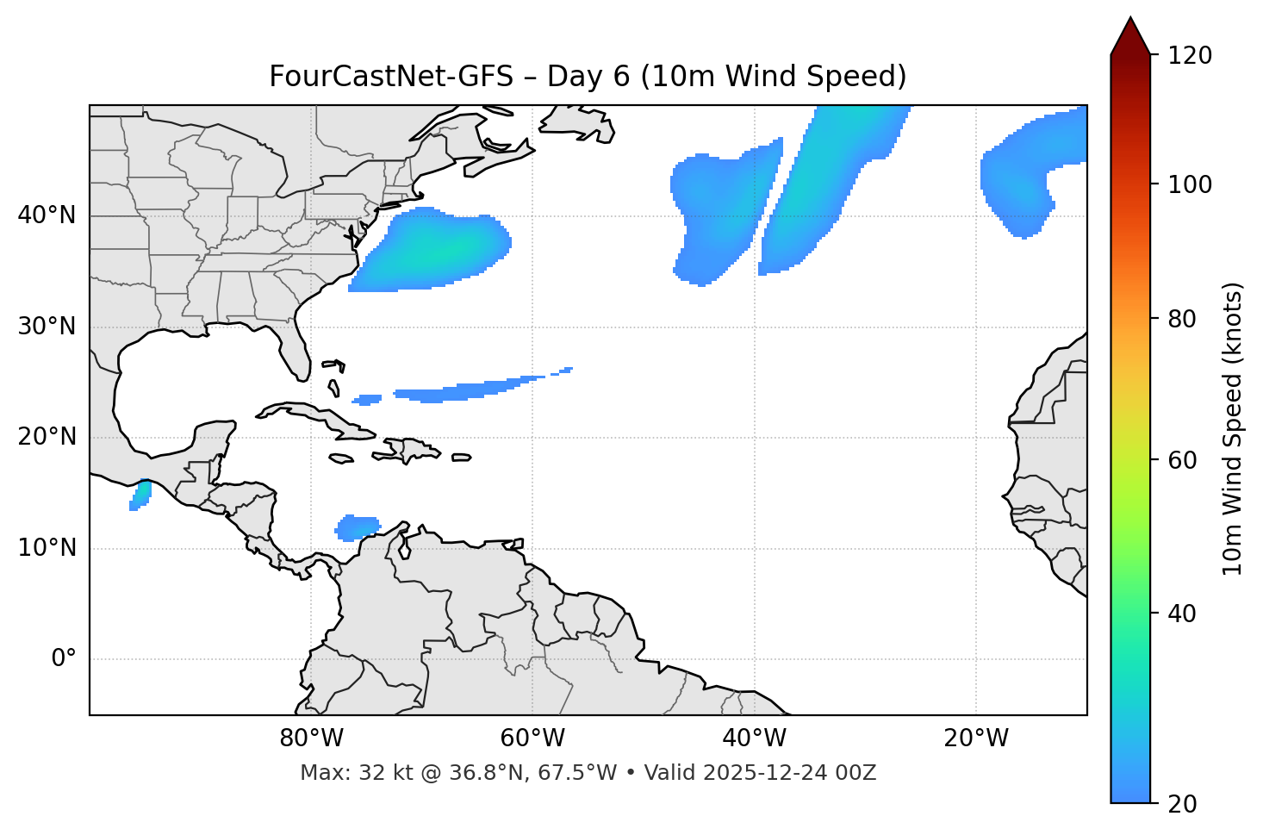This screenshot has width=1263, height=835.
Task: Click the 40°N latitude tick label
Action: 47,215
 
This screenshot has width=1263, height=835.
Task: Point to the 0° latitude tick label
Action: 64,659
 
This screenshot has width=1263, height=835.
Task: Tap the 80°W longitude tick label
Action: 311,738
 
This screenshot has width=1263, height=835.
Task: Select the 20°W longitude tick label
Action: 976,738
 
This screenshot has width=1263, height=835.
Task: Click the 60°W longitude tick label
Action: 532,738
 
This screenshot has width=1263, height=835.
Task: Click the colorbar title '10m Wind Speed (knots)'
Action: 1233,428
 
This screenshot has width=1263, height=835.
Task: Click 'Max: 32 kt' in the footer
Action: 341,773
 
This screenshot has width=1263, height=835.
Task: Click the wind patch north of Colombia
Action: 358,527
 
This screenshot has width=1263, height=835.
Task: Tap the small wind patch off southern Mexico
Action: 140,495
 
